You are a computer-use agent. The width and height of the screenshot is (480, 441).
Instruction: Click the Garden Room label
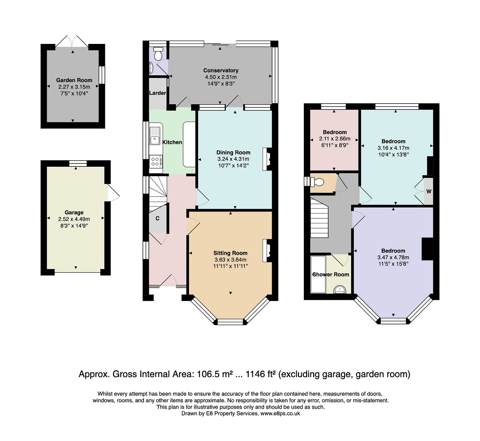coord(74,80)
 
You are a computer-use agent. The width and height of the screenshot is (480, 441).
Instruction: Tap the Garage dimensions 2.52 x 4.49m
coord(74,219)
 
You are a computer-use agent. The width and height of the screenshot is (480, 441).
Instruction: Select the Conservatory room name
coord(221,70)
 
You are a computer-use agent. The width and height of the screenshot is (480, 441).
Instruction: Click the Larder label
coord(158,93)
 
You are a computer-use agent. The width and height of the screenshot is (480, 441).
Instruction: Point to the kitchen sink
coord(155,136)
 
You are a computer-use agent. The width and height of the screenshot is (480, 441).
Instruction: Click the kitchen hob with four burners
coord(155,162)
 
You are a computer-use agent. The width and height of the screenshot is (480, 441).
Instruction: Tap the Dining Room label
coord(233,152)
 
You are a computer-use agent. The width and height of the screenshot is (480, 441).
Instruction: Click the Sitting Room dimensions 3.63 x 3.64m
coord(231,260)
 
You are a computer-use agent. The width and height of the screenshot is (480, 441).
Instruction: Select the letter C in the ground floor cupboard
coord(158,218)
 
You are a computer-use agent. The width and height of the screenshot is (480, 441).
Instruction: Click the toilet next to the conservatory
coord(158,54)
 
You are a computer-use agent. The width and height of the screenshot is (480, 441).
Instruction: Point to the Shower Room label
coord(331,274)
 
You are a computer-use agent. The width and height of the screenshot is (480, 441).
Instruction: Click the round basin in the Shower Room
coord(339,289)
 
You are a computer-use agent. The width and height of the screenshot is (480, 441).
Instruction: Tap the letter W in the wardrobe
coord(429,191)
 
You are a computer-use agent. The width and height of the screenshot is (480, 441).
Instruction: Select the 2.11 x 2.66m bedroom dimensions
coord(335,139)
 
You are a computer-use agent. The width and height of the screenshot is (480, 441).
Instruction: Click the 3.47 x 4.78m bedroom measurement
coord(393,257)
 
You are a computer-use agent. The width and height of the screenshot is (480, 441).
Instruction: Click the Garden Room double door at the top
coord(72,41)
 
